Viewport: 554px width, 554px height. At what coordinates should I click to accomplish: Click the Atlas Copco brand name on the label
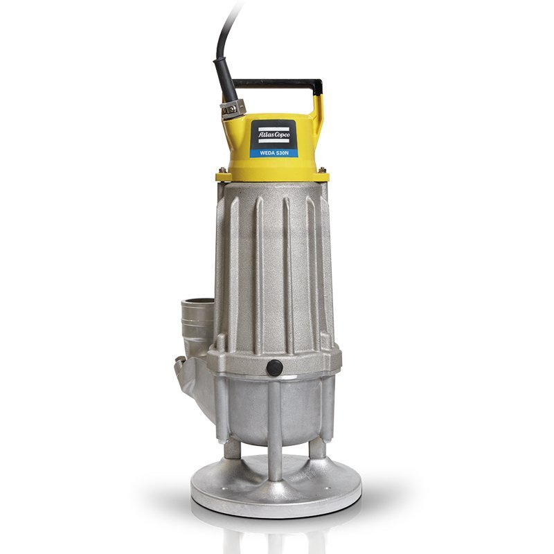point(274,134)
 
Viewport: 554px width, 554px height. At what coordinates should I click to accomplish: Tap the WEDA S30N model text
point(274,153)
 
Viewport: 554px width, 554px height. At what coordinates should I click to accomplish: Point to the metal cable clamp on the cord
point(233,108)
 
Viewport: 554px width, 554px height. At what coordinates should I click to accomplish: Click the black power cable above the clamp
point(223,53)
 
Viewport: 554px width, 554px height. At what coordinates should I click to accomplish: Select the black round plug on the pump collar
point(274,368)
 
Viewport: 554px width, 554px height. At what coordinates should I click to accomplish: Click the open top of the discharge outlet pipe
point(198,302)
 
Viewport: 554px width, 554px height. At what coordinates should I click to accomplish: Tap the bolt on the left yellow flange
point(222,170)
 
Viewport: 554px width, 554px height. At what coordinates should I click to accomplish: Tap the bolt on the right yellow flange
point(322,170)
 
